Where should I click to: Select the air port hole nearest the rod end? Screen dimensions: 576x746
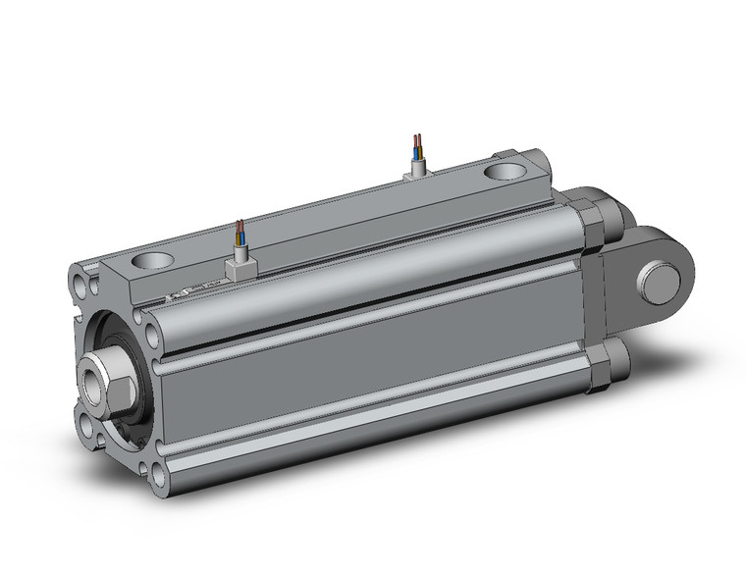pyautogui.click(x=151, y=262)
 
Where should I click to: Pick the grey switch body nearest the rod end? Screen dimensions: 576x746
pyautogui.click(x=239, y=267)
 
